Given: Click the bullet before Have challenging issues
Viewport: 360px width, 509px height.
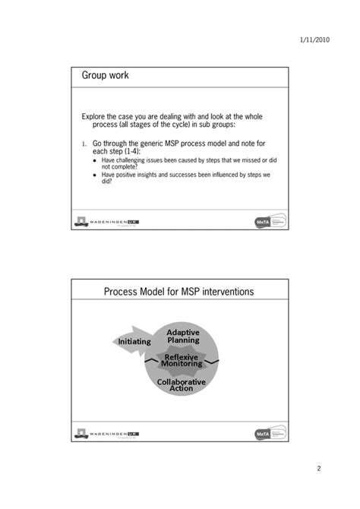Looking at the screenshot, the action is pos(94,160).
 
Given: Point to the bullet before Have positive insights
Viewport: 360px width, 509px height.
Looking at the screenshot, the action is pos(94,175).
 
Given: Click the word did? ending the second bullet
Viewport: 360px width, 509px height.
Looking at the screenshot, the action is pos(107,182).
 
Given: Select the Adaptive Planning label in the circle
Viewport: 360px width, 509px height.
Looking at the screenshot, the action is pos(183,337).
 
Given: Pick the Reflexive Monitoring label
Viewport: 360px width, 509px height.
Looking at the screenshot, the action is pos(182,360).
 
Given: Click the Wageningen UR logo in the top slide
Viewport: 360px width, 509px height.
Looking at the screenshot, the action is pos(106,221).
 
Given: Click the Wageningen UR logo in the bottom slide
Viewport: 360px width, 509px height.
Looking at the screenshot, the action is pos(106,433).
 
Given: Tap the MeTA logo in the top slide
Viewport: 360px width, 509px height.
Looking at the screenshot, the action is pos(269,221).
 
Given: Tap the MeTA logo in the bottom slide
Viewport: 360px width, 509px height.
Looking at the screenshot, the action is pos(269,433).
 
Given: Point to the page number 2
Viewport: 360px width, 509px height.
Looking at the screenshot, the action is pos(319,468).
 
